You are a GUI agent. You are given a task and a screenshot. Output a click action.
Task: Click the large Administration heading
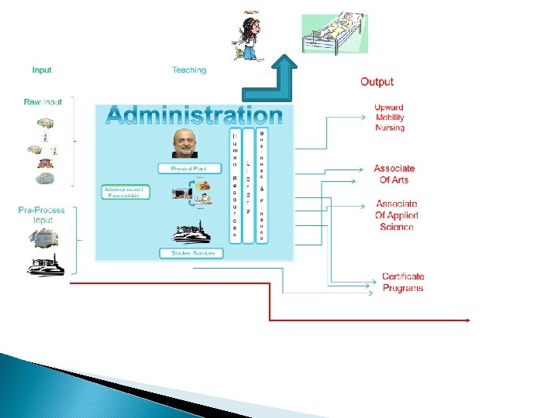pos(195,115)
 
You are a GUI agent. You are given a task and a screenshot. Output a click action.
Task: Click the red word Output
pos(377,81)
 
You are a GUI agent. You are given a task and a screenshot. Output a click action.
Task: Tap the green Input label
pos(42,70)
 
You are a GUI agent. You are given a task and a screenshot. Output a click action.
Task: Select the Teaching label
pos(189,70)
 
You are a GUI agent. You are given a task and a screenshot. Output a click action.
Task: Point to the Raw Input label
pos(43,101)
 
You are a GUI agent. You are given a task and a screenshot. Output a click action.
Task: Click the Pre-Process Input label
pos(42,215)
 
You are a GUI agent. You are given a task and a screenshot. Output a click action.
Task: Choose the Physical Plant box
pos(190,168)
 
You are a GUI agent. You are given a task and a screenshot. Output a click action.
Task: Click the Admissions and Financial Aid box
pos(126,192)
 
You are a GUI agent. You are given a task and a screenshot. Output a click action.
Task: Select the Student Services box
pos(191,253)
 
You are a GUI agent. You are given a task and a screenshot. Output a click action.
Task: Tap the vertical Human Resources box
pos(235,186)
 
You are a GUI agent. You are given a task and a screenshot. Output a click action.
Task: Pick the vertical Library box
pos(248,186)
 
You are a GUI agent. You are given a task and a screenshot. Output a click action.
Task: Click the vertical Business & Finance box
pos(262,186)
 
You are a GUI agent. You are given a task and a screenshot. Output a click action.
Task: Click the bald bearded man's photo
pos(184,143)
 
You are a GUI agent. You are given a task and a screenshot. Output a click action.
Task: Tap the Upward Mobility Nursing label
pos(389,118)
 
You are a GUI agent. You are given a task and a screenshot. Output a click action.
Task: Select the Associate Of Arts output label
pos(394,174)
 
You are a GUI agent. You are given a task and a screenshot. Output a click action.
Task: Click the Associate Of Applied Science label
pos(396,215)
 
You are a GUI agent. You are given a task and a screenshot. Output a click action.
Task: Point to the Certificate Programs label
pos(403,282)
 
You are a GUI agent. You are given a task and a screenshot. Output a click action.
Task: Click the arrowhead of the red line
pos(467,320)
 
